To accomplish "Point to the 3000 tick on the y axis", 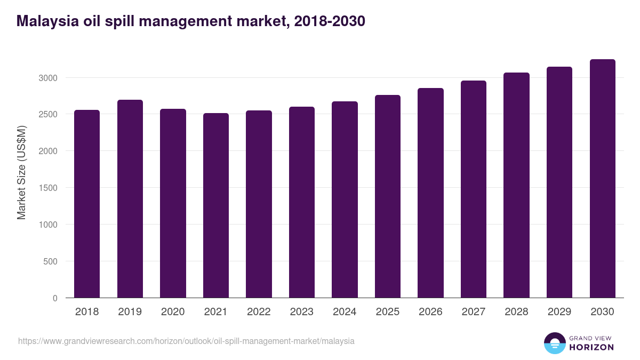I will tap(47, 78).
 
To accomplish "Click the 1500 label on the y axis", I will tap(47, 188).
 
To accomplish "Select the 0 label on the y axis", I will tap(55, 298).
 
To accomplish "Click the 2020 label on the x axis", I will tap(173, 312).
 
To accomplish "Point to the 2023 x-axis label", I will tap(302, 312).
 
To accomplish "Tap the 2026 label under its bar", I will tap(430, 312).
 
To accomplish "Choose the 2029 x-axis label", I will tap(559, 312).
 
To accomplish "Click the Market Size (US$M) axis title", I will tap(21, 172).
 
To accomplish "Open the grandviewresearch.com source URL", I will tap(186, 341).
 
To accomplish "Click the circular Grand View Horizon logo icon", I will tap(554, 343).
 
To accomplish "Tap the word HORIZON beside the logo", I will tap(591, 347).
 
